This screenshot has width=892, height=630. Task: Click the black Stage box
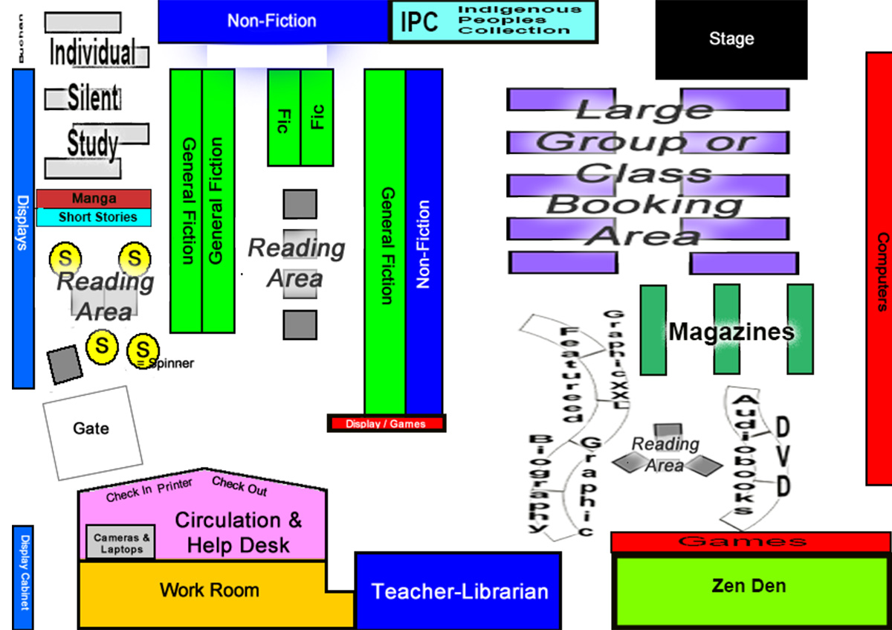731,39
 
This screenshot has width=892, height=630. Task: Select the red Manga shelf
94,199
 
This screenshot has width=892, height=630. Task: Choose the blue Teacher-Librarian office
459,591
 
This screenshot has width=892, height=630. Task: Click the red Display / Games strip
387,424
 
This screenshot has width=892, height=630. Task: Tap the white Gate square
92,429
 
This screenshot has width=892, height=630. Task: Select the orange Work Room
209,591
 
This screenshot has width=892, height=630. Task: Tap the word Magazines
731,332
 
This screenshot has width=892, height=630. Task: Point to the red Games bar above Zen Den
751,542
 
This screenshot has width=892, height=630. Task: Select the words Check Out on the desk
239,486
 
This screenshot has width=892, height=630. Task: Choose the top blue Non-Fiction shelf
272,21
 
